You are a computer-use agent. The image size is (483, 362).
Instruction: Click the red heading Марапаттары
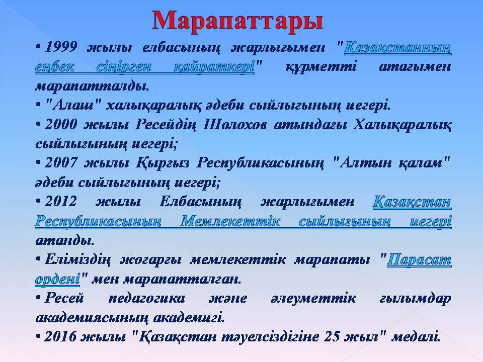[x=237, y=21]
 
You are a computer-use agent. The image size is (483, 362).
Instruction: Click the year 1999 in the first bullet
[x=61, y=47]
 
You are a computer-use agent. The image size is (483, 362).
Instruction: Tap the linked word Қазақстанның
[x=397, y=48]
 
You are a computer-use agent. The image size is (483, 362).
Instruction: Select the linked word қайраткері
[x=214, y=67]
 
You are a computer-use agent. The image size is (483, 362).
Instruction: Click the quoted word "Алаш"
[x=73, y=105]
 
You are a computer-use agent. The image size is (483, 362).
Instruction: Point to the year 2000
[x=61, y=125]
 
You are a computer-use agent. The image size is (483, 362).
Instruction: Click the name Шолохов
[x=234, y=125]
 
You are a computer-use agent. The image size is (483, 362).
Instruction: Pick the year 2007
[x=61, y=163]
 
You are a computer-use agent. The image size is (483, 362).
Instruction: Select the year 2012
[x=61, y=202]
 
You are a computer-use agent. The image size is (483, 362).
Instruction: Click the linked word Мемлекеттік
[x=230, y=221]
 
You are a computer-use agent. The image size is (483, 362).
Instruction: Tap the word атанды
[x=65, y=240]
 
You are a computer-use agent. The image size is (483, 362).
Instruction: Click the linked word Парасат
[x=419, y=259]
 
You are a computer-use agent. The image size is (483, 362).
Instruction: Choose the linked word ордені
[x=57, y=280]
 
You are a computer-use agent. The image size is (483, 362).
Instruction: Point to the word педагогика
[x=146, y=299]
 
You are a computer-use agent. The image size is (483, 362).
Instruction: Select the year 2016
[x=61, y=336]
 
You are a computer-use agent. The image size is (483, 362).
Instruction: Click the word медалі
[x=416, y=336]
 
